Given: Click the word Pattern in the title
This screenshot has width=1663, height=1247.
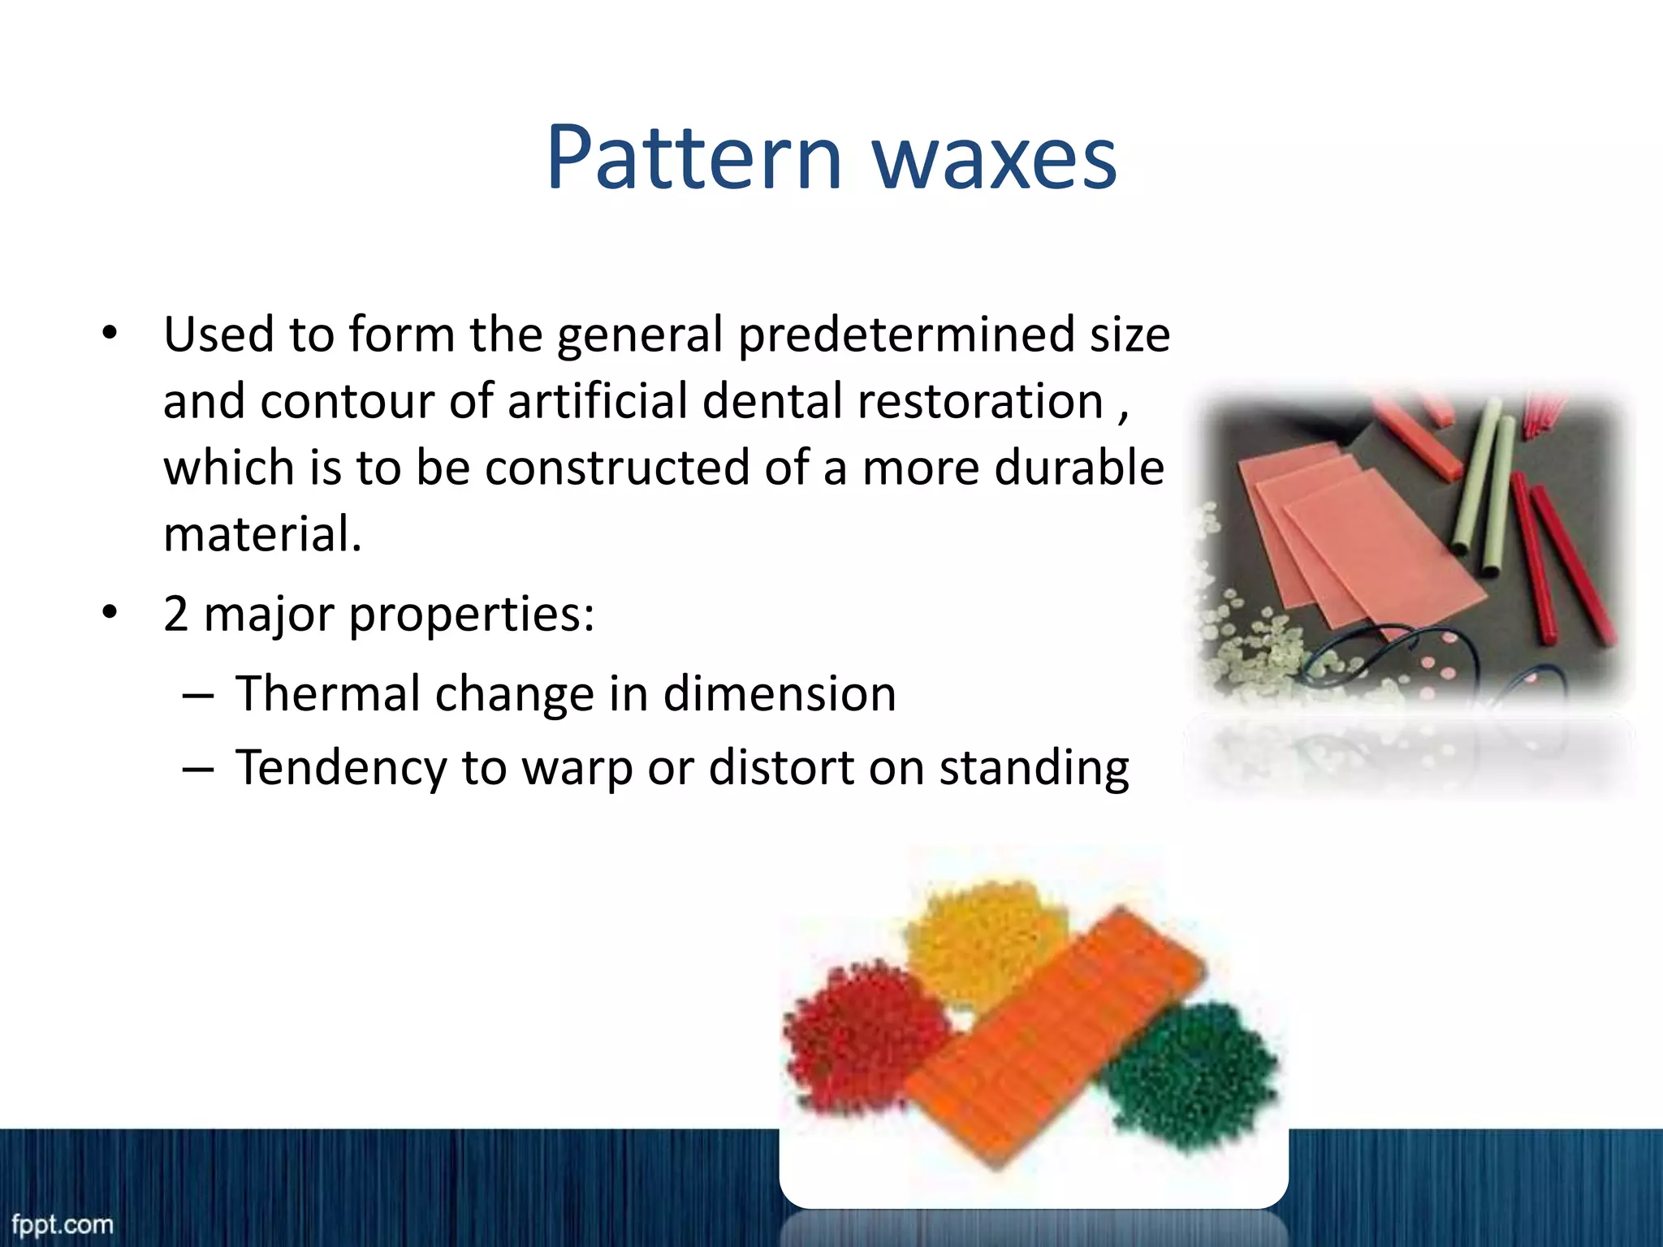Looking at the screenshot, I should coord(694,158).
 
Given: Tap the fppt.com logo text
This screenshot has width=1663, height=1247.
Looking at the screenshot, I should coord(63,1224).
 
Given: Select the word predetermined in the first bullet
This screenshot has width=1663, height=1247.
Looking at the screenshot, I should coord(905,335).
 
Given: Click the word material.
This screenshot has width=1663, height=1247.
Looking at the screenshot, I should coord(261,535).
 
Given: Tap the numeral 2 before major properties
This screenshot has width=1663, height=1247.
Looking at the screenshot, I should coord(176,614).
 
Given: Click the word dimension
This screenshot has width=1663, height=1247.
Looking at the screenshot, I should coord(779,694).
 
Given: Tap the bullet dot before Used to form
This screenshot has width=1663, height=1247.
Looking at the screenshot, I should coord(110,334).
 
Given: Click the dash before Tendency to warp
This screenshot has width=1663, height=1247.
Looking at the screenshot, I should coord(198,769).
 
